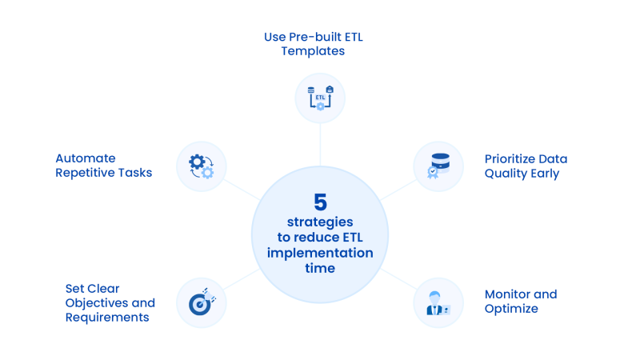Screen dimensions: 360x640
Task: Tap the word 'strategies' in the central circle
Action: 320,221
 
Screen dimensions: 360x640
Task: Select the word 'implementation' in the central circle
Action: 320,253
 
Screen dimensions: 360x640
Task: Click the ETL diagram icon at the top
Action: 320,98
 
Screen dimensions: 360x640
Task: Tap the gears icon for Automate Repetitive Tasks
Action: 201,166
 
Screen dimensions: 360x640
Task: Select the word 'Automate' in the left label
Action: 86,158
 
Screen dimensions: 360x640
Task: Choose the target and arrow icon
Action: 201,302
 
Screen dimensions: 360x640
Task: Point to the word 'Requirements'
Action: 107,317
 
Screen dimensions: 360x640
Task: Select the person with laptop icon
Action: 438,302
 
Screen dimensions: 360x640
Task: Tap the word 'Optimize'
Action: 511,308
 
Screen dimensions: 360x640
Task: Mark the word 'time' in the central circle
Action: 320,269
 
